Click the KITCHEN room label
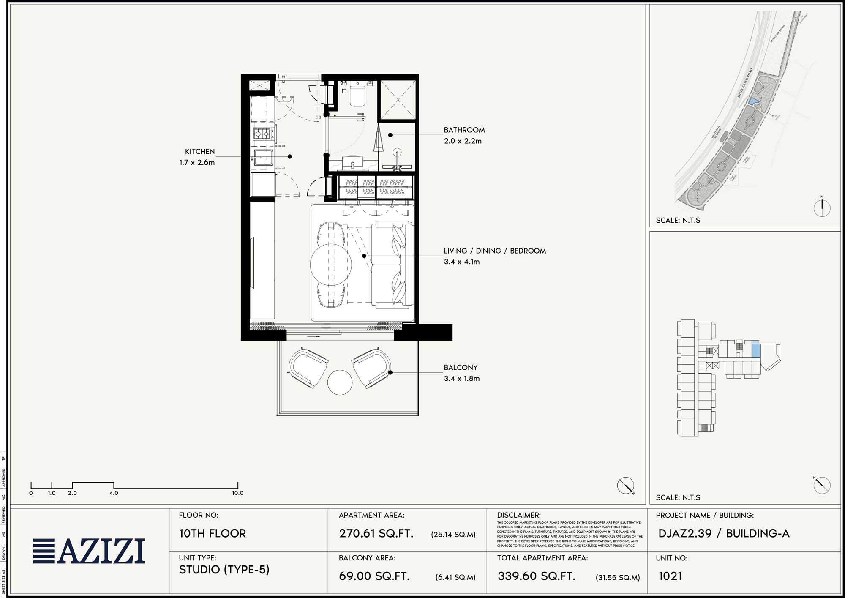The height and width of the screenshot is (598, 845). [x=200, y=151]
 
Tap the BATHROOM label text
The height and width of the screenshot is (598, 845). [x=464, y=130]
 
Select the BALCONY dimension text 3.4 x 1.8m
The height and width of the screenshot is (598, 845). [x=461, y=379]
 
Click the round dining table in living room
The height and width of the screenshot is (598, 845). [x=331, y=265]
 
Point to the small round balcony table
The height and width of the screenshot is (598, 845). [x=340, y=382]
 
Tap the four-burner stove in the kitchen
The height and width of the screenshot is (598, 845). [x=262, y=134]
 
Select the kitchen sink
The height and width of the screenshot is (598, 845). [x=262, y=158]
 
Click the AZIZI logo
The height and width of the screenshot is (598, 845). [x=89, y=551]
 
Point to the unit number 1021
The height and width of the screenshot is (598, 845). [x=670, y=576]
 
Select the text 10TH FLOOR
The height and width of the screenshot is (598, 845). [x=212, y=533]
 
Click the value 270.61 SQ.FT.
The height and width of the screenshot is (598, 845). [x=376, y=533]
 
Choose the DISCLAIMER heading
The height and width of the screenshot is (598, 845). [x=518, y=515]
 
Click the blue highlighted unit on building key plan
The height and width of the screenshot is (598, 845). [x=756, y=350]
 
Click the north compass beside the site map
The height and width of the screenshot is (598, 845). [x=822, y=208]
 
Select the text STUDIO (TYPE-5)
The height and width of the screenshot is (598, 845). [x=224, y=570]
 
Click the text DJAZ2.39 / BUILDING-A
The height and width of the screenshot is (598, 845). [x=723, y=533]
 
